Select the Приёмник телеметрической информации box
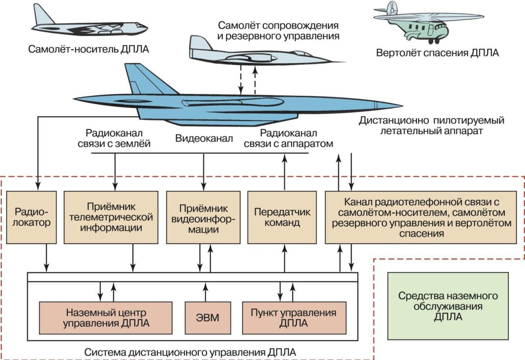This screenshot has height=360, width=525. pyautogui.click(x=108, y=217)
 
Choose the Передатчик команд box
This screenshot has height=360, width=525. pyautogui.click(x=282, y=217)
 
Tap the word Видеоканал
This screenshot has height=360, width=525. pyautogui.click(x=204, y=139)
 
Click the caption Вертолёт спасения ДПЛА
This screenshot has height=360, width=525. pyautogui.click(x=437, y=53)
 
